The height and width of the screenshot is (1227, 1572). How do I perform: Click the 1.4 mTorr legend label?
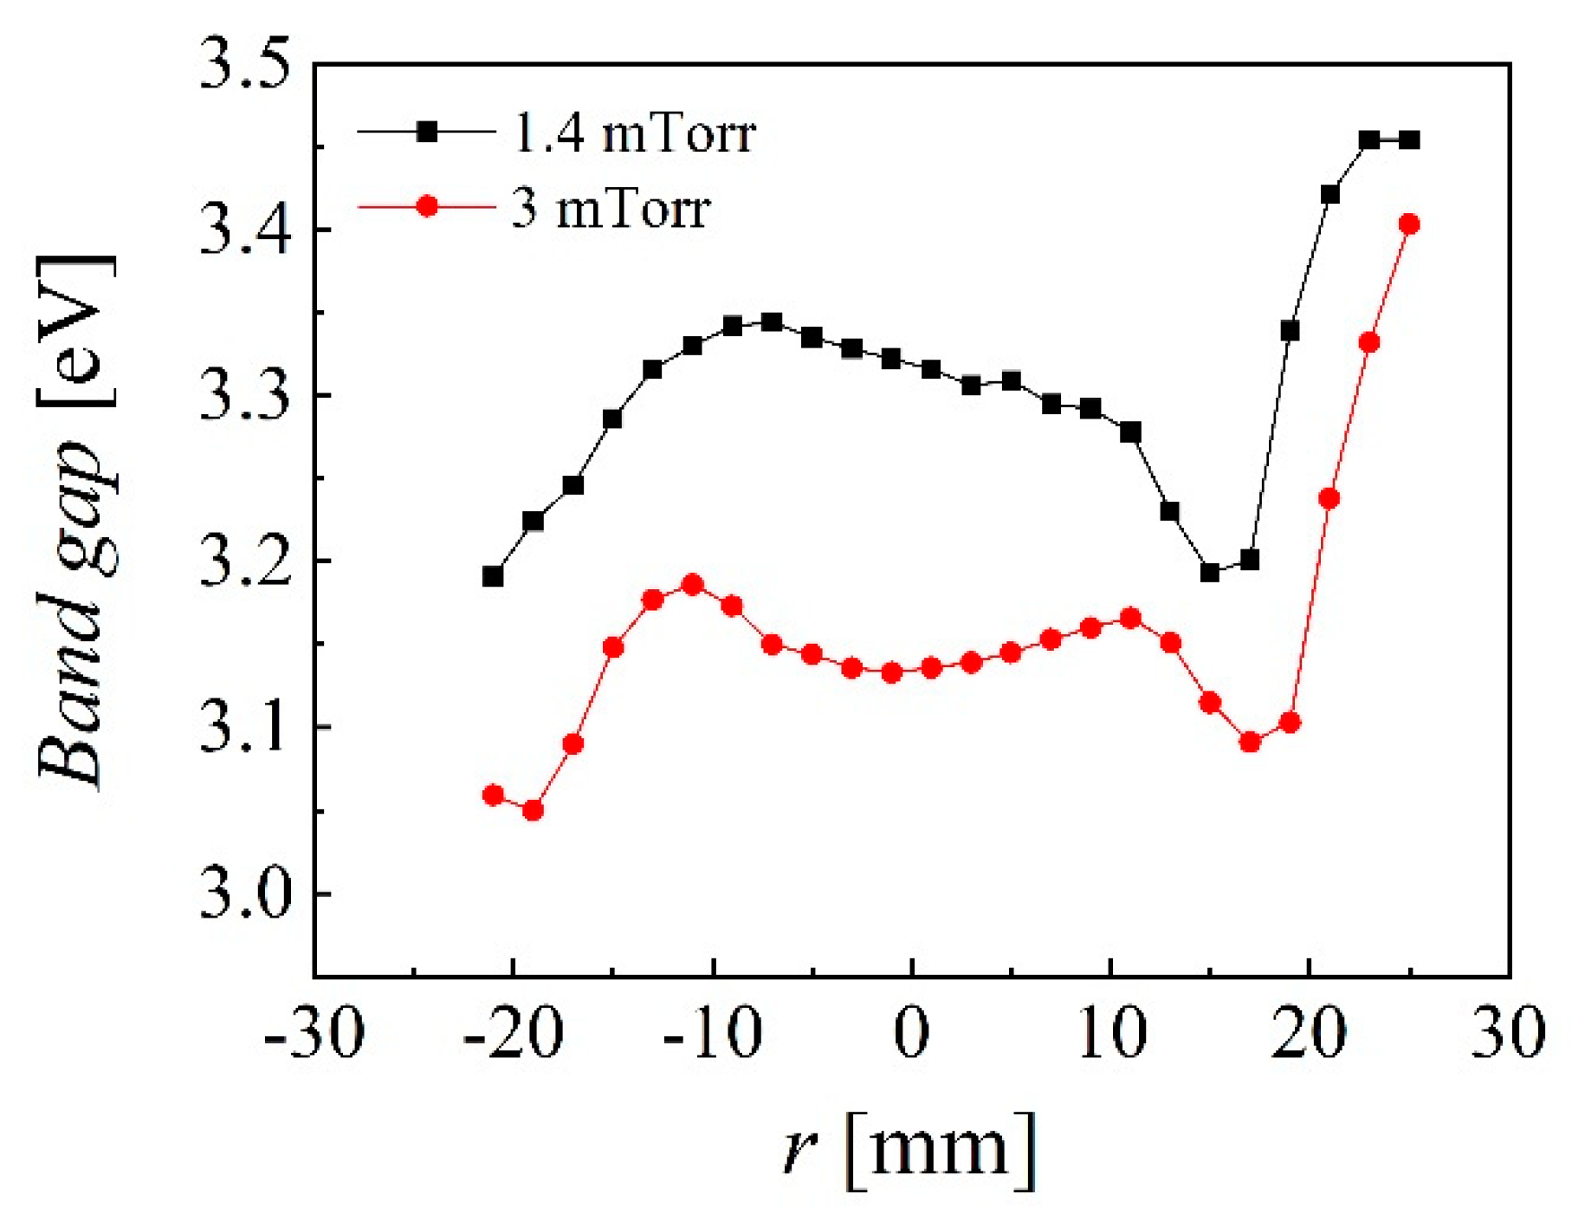pyautogui.click(x=635, y=134)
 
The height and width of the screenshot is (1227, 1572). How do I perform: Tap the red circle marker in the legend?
pyautogui.click(x=427, y=206)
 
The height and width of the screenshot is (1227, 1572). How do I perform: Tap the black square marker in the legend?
pyautogui.click(x=427, y=132)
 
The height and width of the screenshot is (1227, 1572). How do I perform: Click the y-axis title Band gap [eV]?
pyautogui.click(x=76, y=520)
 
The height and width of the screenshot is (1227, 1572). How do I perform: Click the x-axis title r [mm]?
pyautogui.click(x=909, y=1151)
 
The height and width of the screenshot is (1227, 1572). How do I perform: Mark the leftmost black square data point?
pyautogui.click(x=493, y=576)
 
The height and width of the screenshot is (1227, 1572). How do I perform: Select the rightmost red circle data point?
pyautogui.click(x=1409, y=224)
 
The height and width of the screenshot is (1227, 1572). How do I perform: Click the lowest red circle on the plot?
pyautogui.click(x=533, y=810)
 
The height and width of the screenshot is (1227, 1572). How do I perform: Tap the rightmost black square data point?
pyautogui.click(x=1409, y=140)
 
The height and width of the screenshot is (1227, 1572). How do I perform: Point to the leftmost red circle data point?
pyautogui.click(x=493, y=795)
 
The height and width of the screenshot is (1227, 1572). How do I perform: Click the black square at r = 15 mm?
pyautogui.click(x=1210, y=573)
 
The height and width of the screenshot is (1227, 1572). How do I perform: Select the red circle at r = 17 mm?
pyautogui.click(x=1250, y=743)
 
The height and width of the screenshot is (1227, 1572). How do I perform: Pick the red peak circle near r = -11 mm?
pyautogui.click(x=692, y=585)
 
